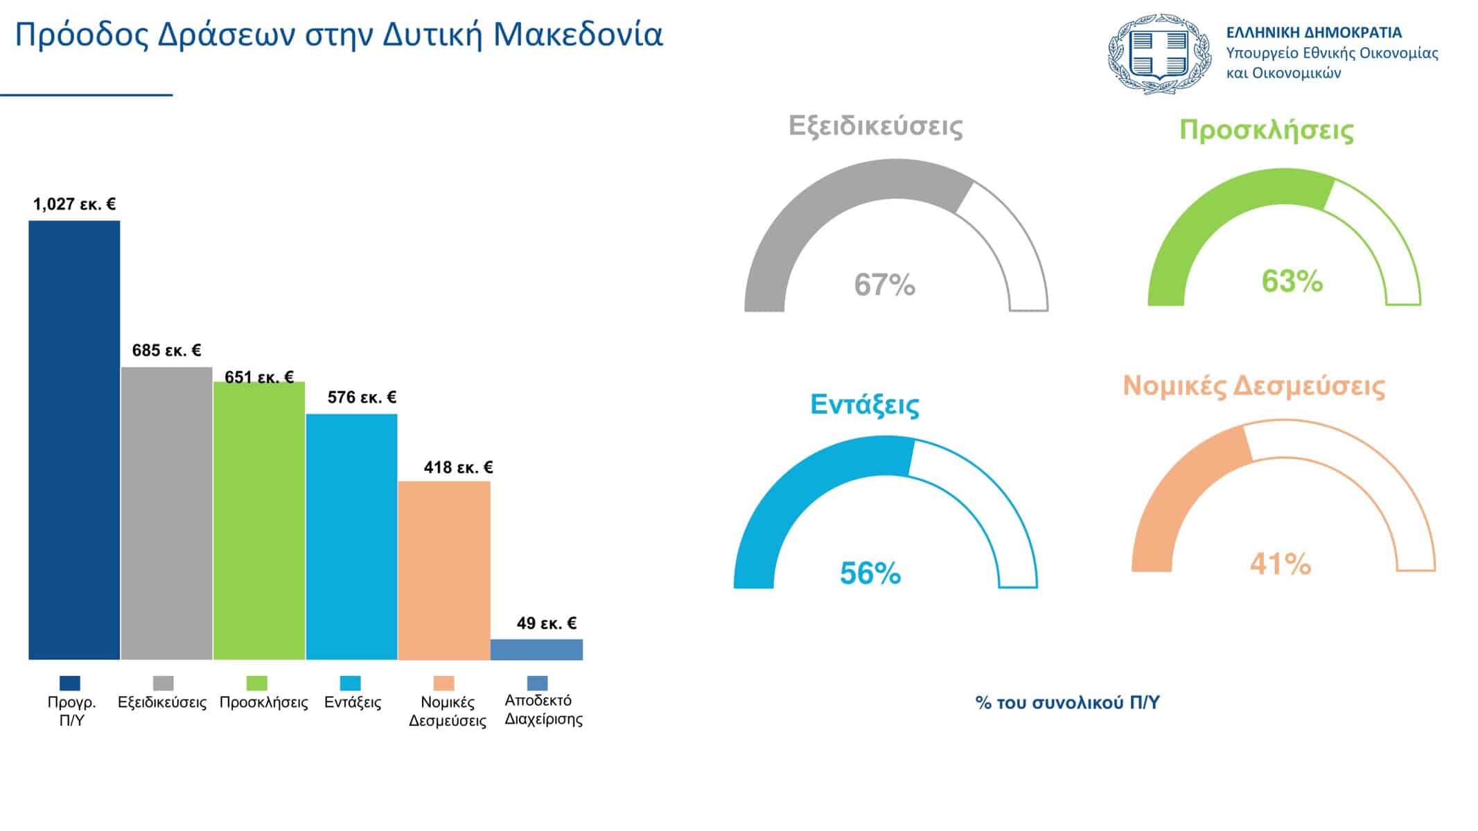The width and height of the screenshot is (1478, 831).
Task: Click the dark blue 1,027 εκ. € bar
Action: pyautogui.click(x=74, y=440)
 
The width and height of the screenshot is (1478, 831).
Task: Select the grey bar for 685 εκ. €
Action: pyautogui.click(x=166, y=513)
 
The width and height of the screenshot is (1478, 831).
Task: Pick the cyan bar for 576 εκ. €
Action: pyautogui.click(x=351, y=537)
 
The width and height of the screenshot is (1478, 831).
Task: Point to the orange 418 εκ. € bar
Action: pyautogui.click(x=444, y=570)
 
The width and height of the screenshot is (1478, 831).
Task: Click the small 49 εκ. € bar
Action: pyautogui.click(x=536, y=650)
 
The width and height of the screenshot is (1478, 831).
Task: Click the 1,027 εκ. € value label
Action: pyautogui.click(x=74, y=204)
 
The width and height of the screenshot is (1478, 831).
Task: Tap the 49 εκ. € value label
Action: pyautogui.click(x=546, y=623)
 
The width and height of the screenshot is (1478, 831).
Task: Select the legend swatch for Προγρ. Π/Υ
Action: pyautogui.click(x=70, y=683)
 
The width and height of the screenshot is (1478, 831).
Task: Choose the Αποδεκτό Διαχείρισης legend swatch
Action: pyautogui.click(x=538, y=683)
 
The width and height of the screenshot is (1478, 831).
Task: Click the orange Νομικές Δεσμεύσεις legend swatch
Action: pyautogui.click(x=444, y=683)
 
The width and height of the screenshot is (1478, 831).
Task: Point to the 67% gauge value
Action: pyautogui.click(x=884, y=285)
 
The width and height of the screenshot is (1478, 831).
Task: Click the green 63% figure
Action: pyautogui.click(x=1292, y=281)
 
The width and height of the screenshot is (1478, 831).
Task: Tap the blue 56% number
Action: pyautogui.click(x=870, y=573)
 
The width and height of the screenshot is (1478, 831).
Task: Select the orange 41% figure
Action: pyautogui.click(x=1280, y=564)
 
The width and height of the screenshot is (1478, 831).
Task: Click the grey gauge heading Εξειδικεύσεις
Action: pyautogui.click(x=875, y=126)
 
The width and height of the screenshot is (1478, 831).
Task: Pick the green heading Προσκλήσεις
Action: pyautogui.click(x=1266, y=130)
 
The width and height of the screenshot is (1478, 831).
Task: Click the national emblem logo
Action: pyautogui.click(x=1159, y=53)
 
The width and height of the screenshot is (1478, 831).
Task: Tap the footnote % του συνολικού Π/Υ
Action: pyautogui.click(x=1067, y=703)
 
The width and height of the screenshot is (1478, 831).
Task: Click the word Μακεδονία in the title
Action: pyautogui.click(x=578, y=35)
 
